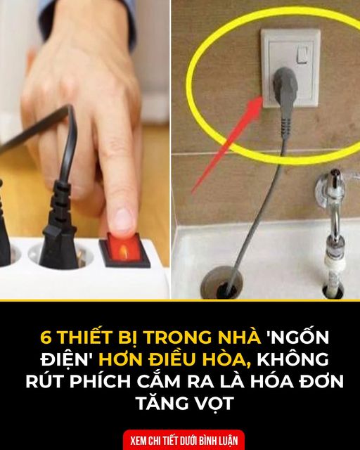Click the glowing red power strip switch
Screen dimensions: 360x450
tap(124, 250)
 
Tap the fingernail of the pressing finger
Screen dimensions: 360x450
tap(124, 220)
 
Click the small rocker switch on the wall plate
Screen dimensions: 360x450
tap(302, 55)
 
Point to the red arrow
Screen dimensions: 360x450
tap(228, 144)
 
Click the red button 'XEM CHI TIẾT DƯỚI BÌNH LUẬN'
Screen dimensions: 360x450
tap(184, 440)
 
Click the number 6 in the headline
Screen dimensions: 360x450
tap(46, 337)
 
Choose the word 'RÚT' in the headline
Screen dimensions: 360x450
tap(45, 381)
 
